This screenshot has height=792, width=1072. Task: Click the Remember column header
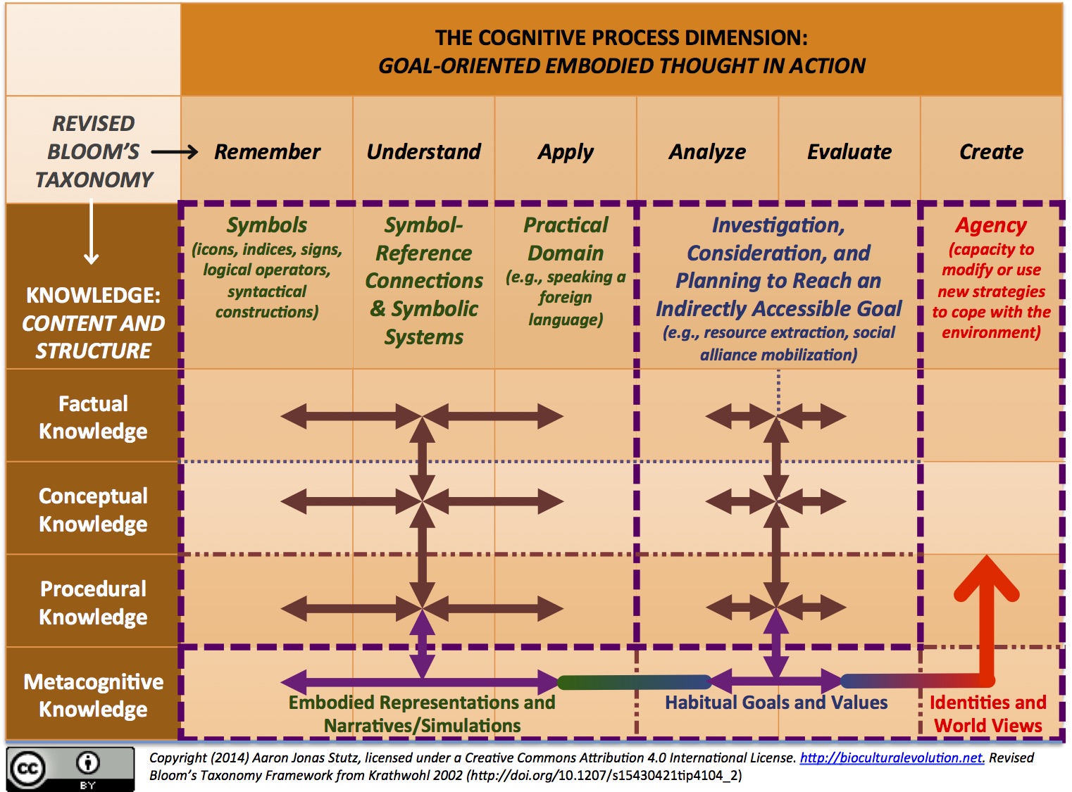267,151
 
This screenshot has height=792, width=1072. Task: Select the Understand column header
423,151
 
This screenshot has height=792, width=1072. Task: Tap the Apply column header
566,151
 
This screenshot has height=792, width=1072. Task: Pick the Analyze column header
707,151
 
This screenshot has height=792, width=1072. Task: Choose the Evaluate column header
849,151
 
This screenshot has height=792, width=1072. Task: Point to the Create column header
991,151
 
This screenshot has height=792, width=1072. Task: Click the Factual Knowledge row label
93,417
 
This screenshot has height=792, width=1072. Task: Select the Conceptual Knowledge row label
93,510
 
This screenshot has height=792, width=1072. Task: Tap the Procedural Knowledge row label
93,603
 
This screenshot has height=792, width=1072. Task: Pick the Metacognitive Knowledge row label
93,695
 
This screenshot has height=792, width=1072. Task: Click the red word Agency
991,225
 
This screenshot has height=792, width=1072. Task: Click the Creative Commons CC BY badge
70,769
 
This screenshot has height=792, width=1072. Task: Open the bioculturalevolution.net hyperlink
891,758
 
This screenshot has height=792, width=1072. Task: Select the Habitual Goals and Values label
776,703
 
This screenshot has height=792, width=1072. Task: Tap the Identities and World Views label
987,714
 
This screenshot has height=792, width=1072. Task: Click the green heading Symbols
266,225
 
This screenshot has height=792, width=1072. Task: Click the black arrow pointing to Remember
175,151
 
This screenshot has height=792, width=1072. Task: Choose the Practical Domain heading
566,239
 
